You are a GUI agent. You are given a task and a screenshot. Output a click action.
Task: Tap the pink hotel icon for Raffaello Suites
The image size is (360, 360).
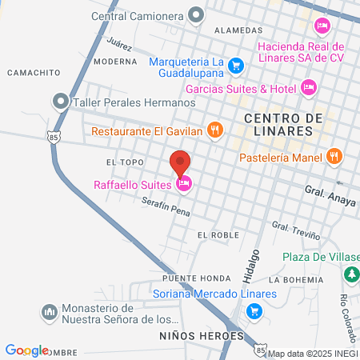pyautogui.click(x=184, y=185)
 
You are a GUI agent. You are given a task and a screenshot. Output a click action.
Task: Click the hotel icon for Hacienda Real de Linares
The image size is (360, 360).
pyautogui.click(x=322, y=26)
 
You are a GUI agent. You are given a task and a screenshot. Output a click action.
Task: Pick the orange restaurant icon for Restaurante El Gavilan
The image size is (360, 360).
pyautogui.click(x=214, y=130)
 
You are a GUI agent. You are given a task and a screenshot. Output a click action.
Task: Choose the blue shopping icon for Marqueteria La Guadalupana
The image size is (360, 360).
pyautogui.click(x=235, y=65)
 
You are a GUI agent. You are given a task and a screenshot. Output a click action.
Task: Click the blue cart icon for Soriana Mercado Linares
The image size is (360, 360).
pyautogui.click(x=289, y=294)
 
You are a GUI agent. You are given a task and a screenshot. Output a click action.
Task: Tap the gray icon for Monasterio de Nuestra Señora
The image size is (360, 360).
pyautogui.click(x=49, y=310)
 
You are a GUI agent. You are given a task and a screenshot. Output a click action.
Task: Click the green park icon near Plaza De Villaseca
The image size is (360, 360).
pyautogui.click(x=350, y=274)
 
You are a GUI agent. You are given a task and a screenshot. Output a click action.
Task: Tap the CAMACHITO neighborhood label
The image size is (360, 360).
pyautogui.click(x=34, y=72)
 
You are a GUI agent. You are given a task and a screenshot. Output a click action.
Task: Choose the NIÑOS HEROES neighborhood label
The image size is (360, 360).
pyautogui.click(x=201, y=336)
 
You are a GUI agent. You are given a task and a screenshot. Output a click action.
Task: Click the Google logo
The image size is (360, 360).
pyautogui.click(x=26, y=350)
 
